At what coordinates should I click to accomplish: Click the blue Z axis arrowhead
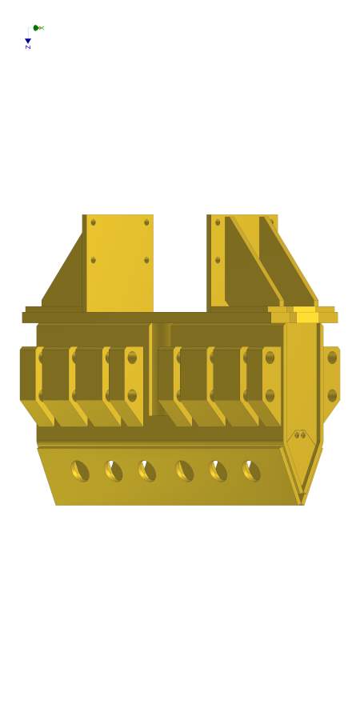[28, 41]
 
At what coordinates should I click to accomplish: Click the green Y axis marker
[36, 28]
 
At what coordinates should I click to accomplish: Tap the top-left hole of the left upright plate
[94, 222]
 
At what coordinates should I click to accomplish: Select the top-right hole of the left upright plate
[146, 222]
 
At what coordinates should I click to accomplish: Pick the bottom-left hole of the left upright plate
[94, 260]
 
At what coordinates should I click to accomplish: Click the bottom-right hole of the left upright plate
[146, 260]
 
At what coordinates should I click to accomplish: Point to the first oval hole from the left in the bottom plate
[80, 471]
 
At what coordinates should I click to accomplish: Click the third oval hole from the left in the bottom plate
[147, 471]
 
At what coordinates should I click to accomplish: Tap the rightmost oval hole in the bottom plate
[251, 471]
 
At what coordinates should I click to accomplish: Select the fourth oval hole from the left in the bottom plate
[184, 471]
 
